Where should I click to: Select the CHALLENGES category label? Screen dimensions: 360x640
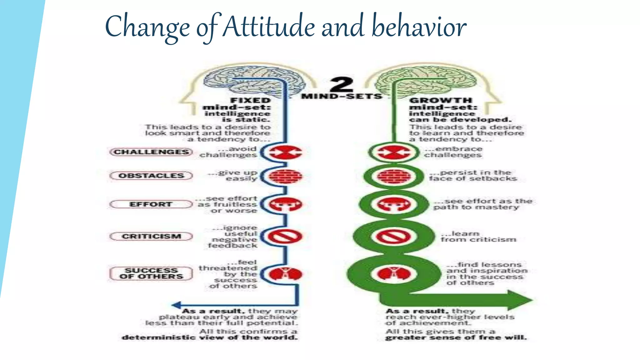click(x=151, y=152)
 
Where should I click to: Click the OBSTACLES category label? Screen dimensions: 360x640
click(x=151, y=176)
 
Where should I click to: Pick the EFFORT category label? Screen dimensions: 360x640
click(x=151, y=204)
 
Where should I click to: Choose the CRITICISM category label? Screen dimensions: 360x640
click(x=151, y=236)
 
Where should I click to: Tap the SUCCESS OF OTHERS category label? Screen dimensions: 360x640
click(x=151, y=273)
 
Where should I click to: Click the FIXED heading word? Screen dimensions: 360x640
click(x=250, y=100)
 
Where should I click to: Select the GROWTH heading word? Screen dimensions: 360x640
click(x=441, y=100)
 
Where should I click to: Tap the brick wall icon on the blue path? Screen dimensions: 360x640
click(x=285, y=176)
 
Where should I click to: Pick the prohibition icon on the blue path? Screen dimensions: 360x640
click(x=285, y=236)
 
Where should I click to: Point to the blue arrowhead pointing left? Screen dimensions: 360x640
click(x=177, y=305)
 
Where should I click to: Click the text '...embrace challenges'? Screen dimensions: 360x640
click(x=453, y=152)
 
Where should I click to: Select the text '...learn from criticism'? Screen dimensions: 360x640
click(x=478, y=237)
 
